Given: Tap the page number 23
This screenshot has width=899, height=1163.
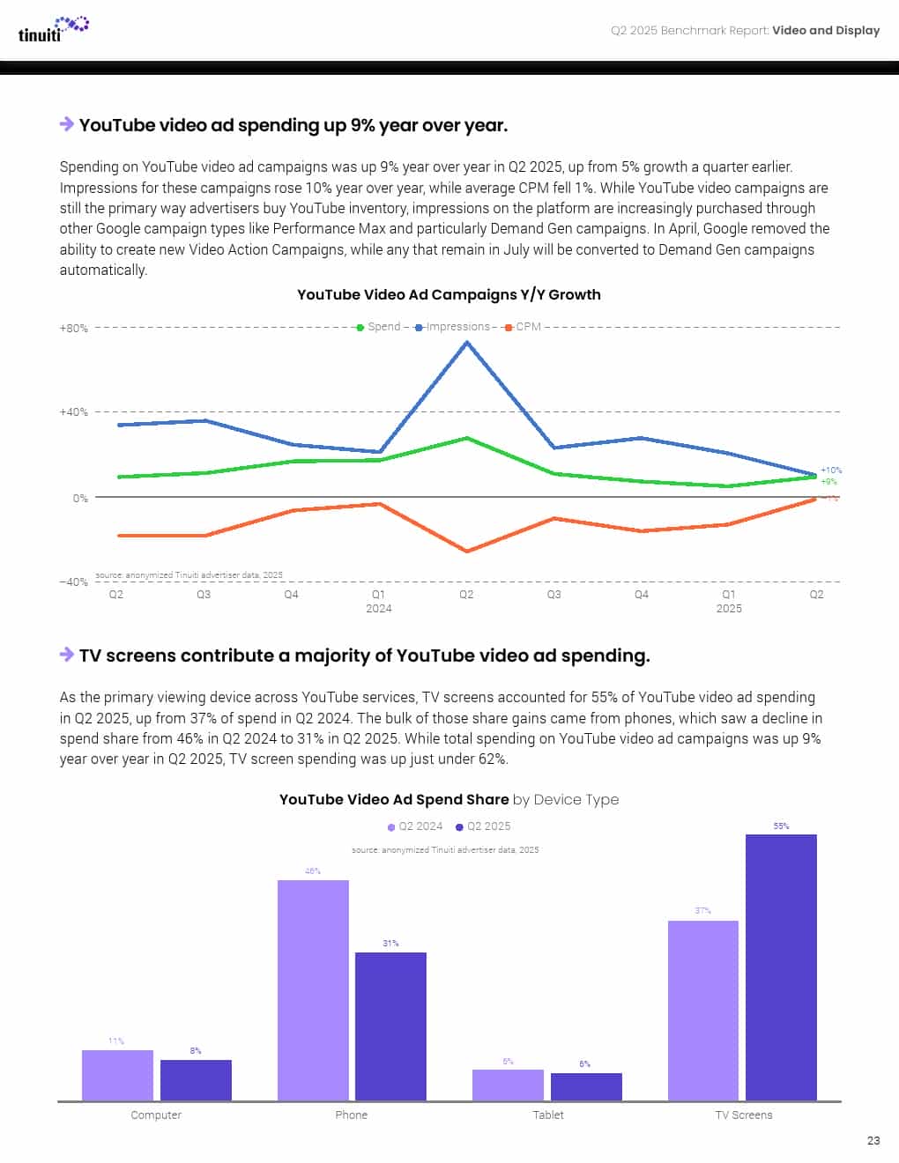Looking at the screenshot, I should coord(873,1140).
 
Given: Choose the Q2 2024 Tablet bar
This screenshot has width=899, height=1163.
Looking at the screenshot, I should coord(508,1085).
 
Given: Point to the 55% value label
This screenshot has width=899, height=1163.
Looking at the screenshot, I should coord(781,826).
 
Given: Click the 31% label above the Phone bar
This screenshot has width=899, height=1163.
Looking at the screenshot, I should coord(390,944).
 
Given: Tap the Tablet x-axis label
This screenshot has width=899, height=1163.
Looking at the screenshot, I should coord(547,1115).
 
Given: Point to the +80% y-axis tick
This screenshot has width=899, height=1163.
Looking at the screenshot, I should coord(74,329).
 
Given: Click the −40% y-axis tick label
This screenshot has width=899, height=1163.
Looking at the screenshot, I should coord(74,582).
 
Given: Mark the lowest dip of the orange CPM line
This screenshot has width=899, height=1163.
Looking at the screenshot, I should coord(466,552).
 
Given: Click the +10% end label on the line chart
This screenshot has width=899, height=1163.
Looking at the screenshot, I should coord(830,470).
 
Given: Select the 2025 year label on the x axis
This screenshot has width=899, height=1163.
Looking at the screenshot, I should coord(729,609).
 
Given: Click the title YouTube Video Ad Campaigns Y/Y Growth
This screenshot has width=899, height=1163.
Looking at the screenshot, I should coord(449,295).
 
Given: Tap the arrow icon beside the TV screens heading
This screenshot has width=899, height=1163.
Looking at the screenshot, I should coord(67,655).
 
